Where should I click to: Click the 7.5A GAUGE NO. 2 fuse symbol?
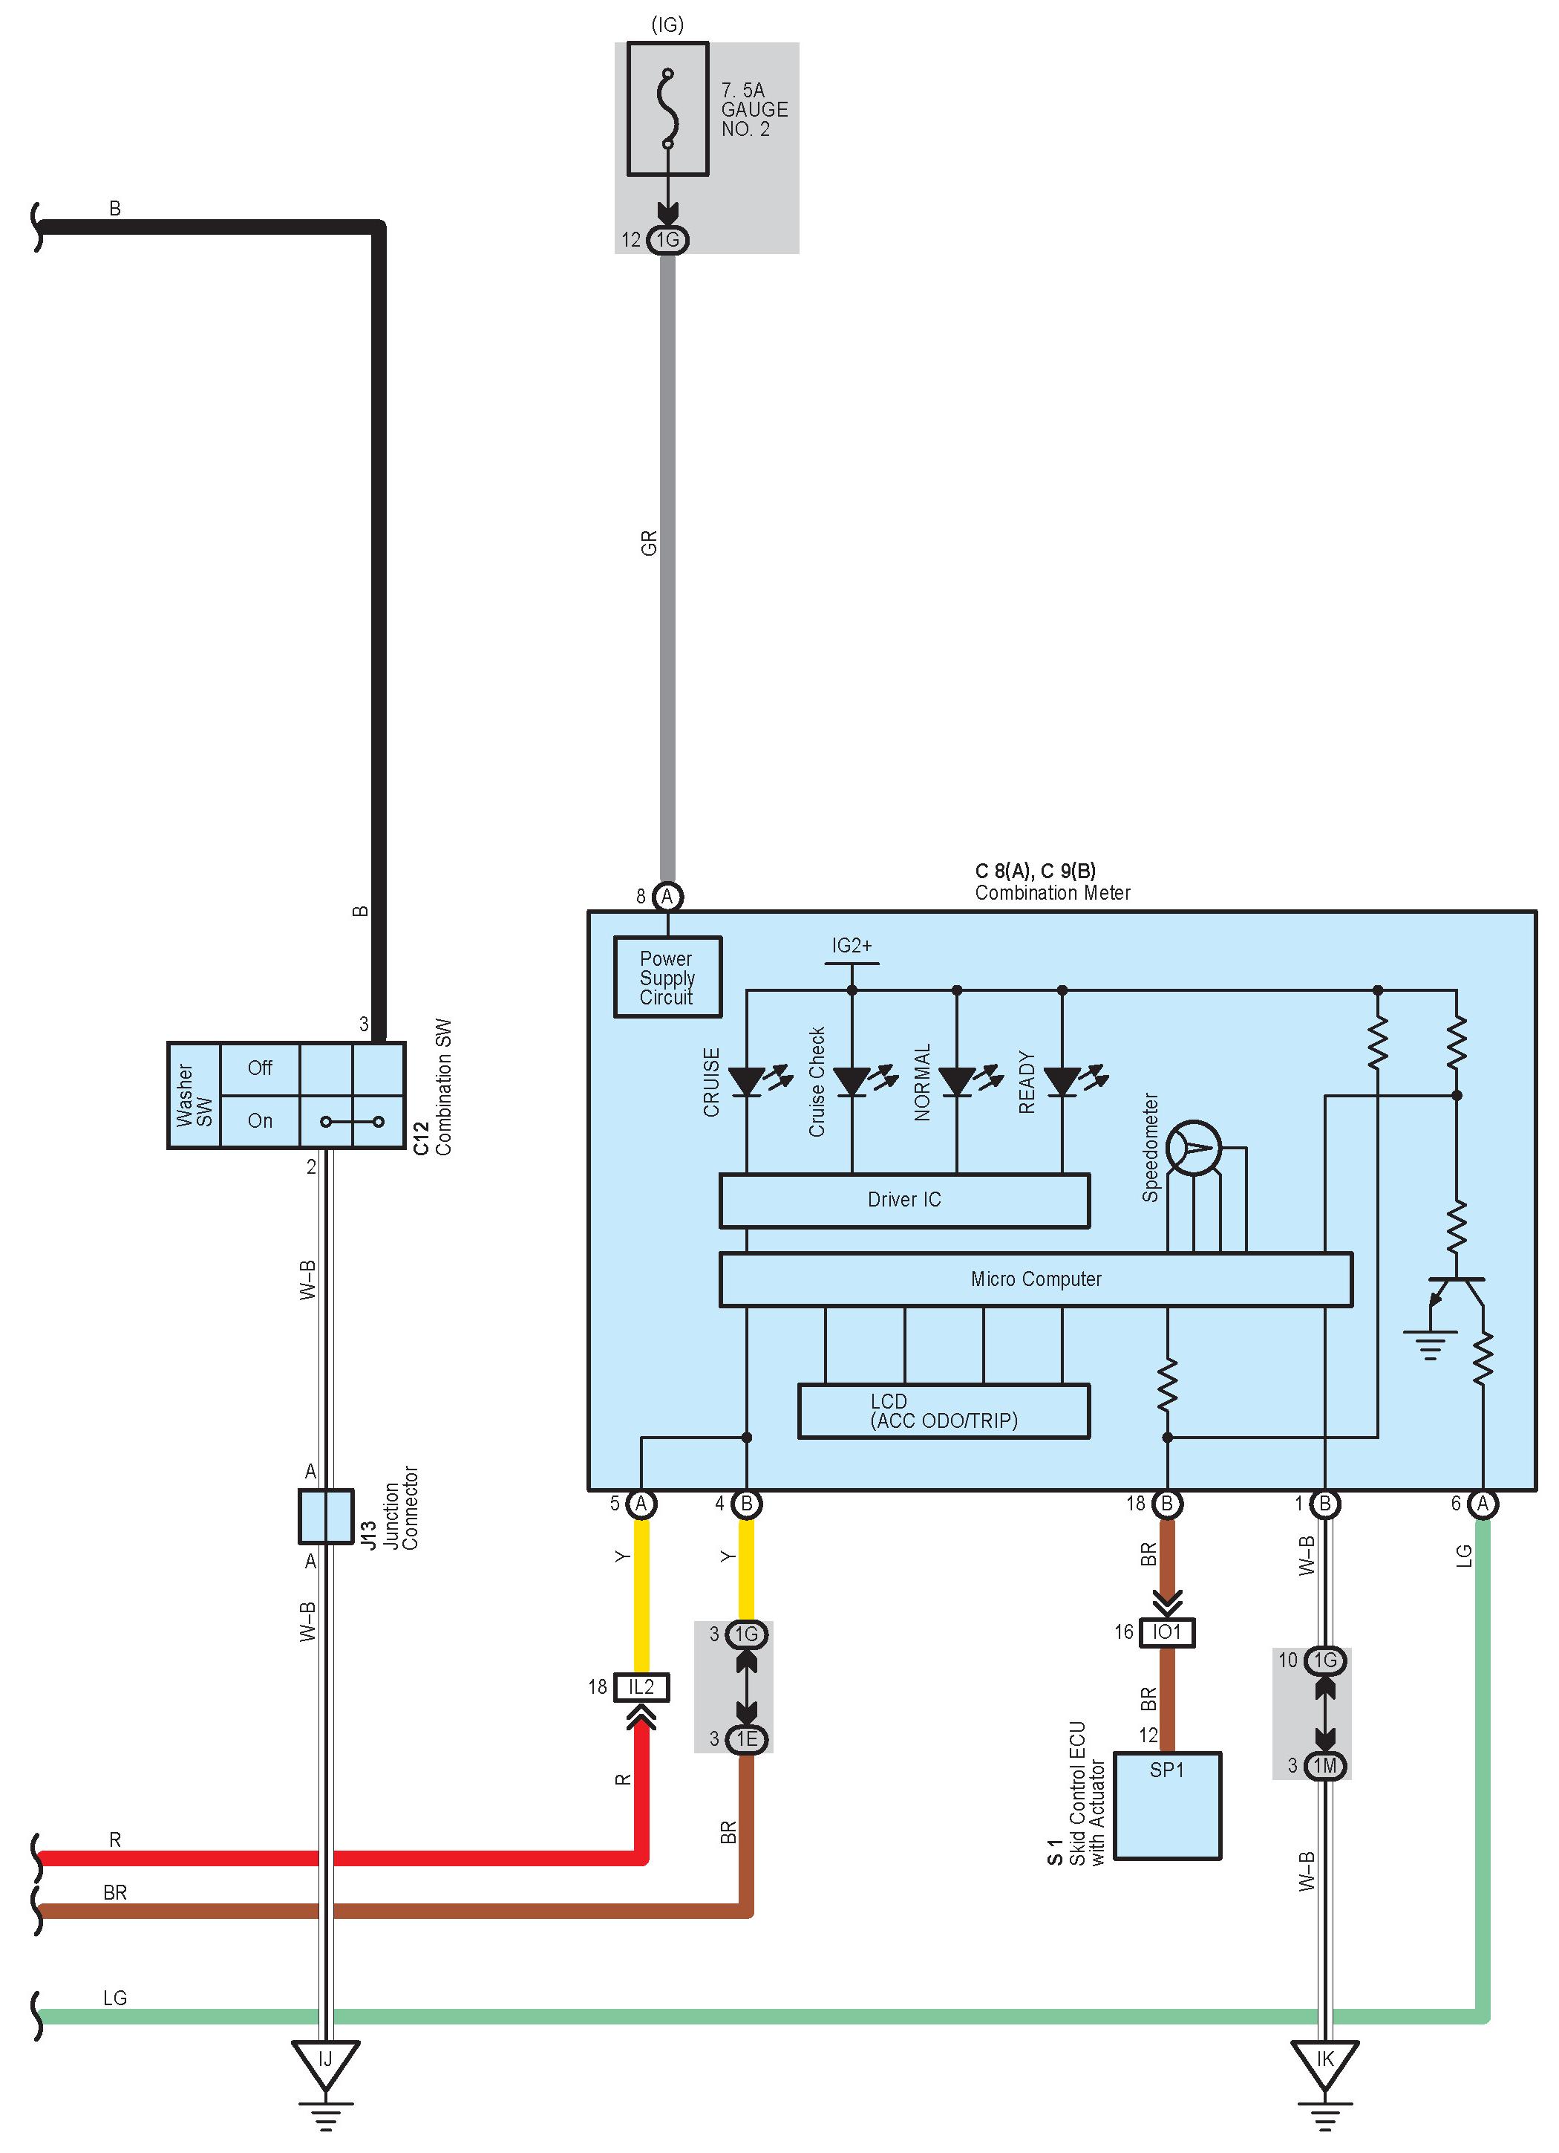[668, 108]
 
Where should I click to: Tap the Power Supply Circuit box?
[667, 977]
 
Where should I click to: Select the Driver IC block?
[904, 1200]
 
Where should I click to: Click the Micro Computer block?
[1036, 1279]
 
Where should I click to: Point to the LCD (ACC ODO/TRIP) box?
[944, 1411]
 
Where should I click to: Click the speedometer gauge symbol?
[1194, 1148]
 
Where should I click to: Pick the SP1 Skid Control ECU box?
[1167, 1805]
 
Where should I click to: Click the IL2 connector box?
[641, 1687]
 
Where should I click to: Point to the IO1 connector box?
[1167, 1631]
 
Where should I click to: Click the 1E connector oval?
[747, 1739]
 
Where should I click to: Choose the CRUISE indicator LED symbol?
[748, 1081]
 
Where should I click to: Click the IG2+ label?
[852, 946]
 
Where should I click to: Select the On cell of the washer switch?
[260, 1121]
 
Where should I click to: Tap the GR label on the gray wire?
[649, 543]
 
